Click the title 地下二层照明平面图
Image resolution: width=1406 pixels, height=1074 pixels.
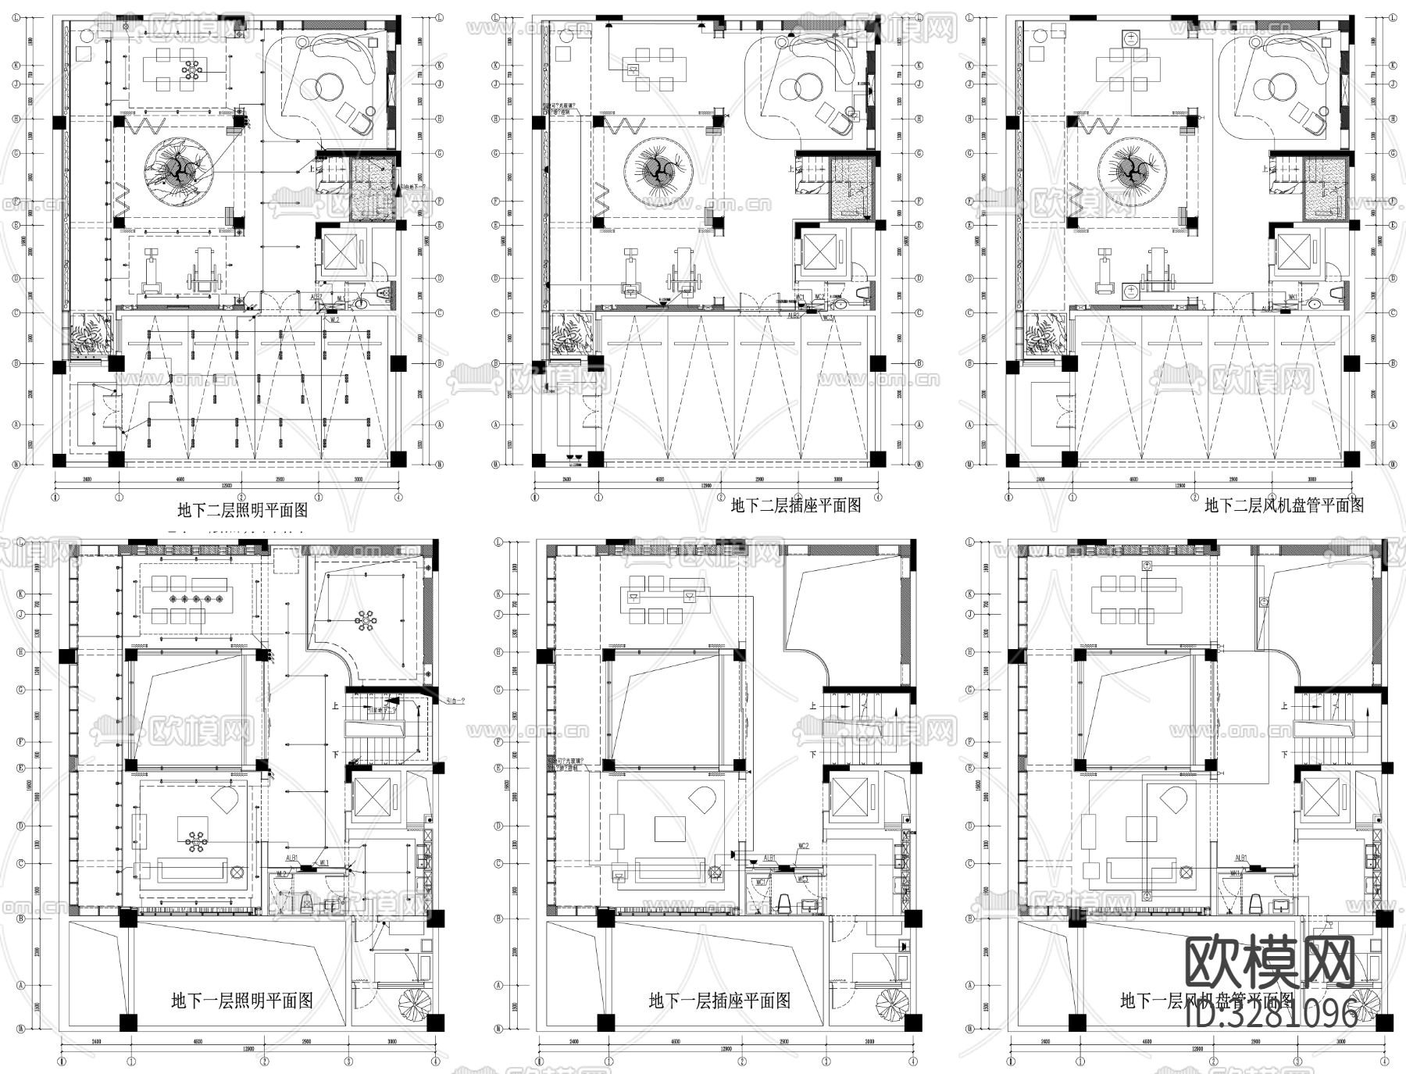point(242,511)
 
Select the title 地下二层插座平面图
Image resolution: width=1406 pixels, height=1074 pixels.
point(795,505)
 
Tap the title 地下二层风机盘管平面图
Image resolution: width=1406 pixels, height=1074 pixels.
point(1284,505)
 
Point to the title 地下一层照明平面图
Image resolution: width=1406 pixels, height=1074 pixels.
point(242,1001)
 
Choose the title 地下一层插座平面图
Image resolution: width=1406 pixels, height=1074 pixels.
point(719,1001)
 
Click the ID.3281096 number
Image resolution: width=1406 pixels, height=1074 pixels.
point(1272,1014)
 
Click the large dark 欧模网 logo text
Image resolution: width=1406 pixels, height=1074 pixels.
point(1269,964)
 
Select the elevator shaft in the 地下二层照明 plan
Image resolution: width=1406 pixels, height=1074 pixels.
point(339,252)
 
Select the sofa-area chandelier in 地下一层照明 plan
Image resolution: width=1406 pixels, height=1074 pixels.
point(194,840)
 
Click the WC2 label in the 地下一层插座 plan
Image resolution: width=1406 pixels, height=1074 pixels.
point(803,847)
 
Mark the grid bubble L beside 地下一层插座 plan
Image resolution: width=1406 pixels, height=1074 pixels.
point(498,541)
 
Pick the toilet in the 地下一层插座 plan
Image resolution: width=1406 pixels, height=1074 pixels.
point(785,905)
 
